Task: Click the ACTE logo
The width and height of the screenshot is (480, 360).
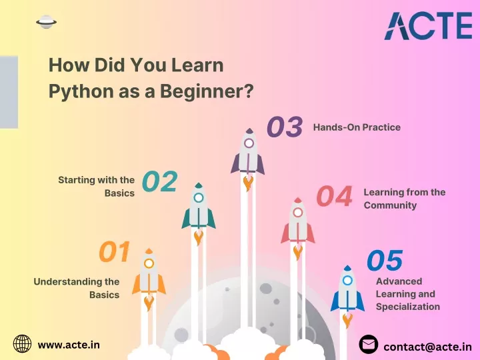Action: (x=428, y=26)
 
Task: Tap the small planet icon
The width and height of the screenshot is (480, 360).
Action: (x=46, y=22)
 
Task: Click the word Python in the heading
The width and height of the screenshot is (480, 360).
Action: (x=81, y=92)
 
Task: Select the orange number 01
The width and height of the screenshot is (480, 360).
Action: (x=115, y=251)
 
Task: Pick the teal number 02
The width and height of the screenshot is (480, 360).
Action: (x=160, y=181)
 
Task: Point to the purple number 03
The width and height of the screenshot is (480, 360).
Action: (x=285, y=127)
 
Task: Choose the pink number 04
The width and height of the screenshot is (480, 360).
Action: (x=334, y=196)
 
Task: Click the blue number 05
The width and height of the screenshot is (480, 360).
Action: (x=385, y=261)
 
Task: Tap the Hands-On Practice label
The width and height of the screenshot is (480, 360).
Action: (x=357, y=127)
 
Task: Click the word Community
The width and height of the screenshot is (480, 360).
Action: (x=390, y=205)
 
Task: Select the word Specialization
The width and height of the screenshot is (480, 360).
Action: (x=408, y=307)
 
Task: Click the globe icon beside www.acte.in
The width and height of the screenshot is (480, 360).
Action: (x=23, y=343)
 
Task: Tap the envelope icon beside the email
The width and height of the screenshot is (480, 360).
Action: (x=368, y=345)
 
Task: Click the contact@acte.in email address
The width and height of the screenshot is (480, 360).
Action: (x=427, y=347)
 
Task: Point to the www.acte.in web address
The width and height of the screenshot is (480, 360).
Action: (x=69, y=345)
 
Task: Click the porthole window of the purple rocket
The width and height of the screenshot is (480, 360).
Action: (x=249, y=143)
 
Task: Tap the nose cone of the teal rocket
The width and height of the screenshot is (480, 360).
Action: (x=199, y=185)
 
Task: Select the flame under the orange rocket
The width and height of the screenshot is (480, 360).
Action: (x=149, y=303)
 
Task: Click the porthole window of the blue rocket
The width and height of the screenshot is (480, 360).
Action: (x=347, y=280)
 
